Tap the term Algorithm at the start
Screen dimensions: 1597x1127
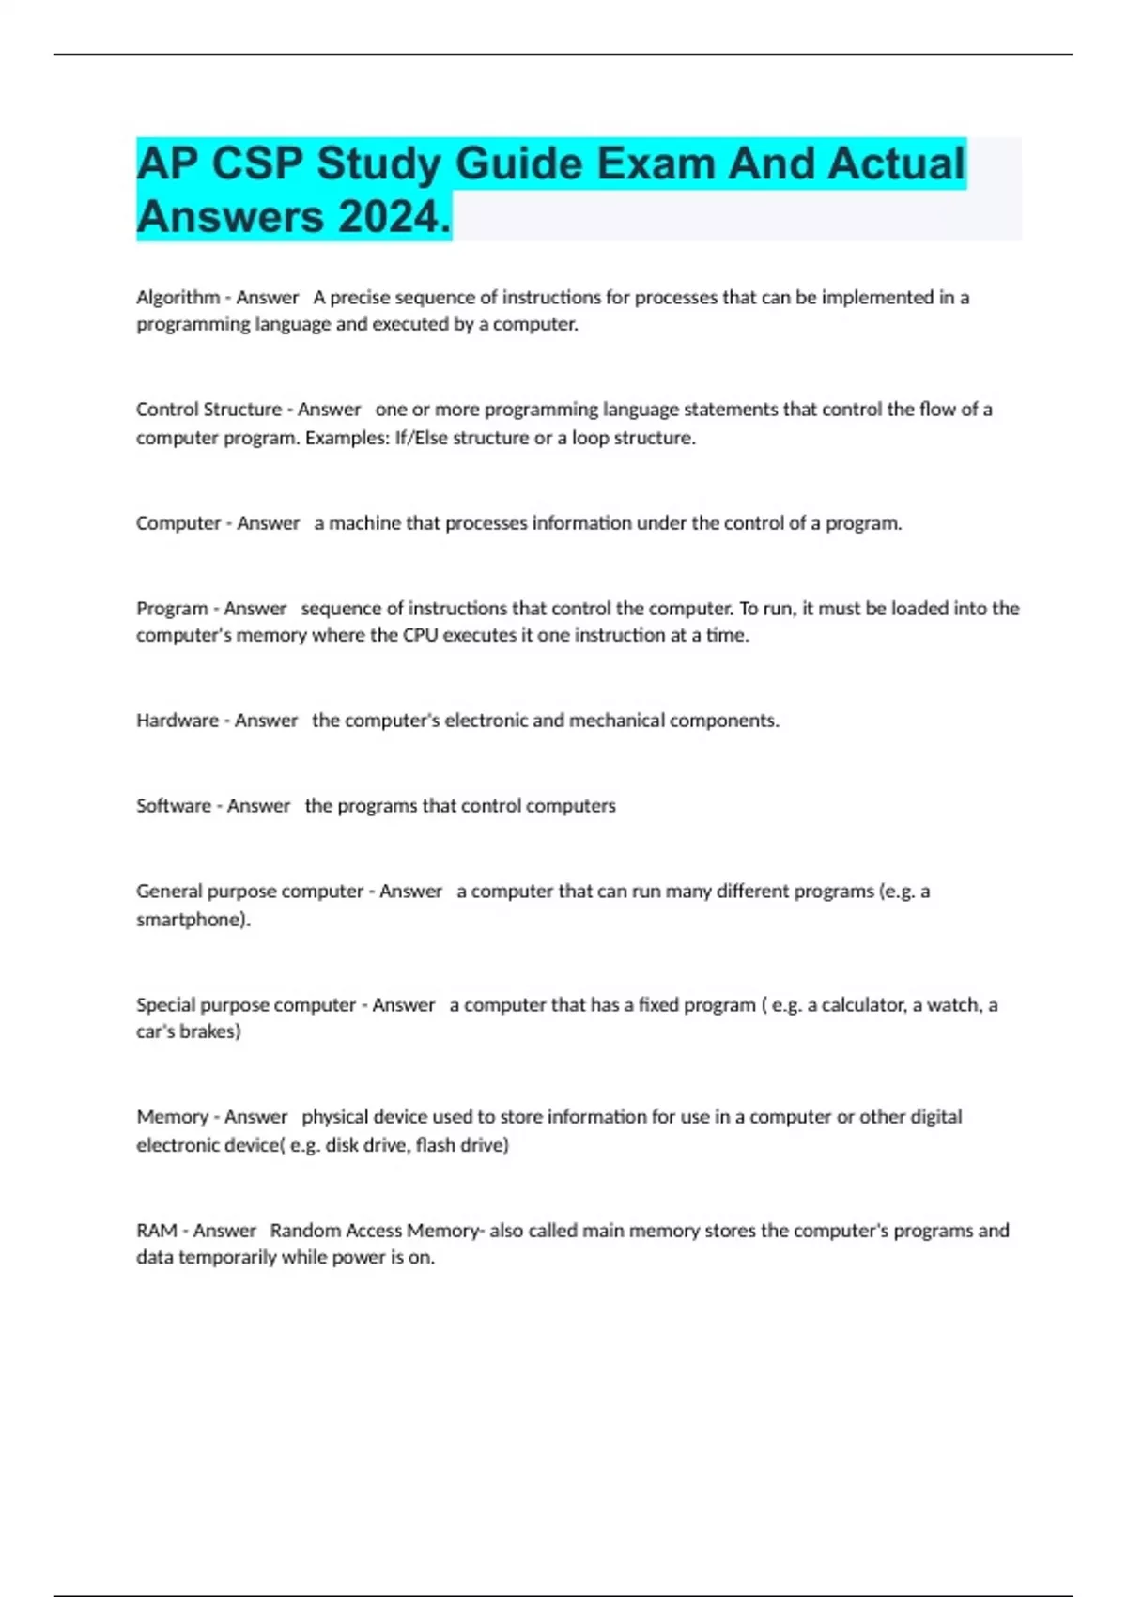(178, 298)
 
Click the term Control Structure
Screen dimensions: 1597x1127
(208, 410)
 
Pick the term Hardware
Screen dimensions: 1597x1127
(178, 721)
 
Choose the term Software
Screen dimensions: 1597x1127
(174, 806)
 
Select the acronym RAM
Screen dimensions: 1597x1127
(157, 1231)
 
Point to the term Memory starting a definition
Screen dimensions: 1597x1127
(172, 1117)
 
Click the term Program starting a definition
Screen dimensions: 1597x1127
(172, 609)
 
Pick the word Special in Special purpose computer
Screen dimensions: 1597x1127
(167, 1005)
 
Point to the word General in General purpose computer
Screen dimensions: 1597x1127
(169, 892)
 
